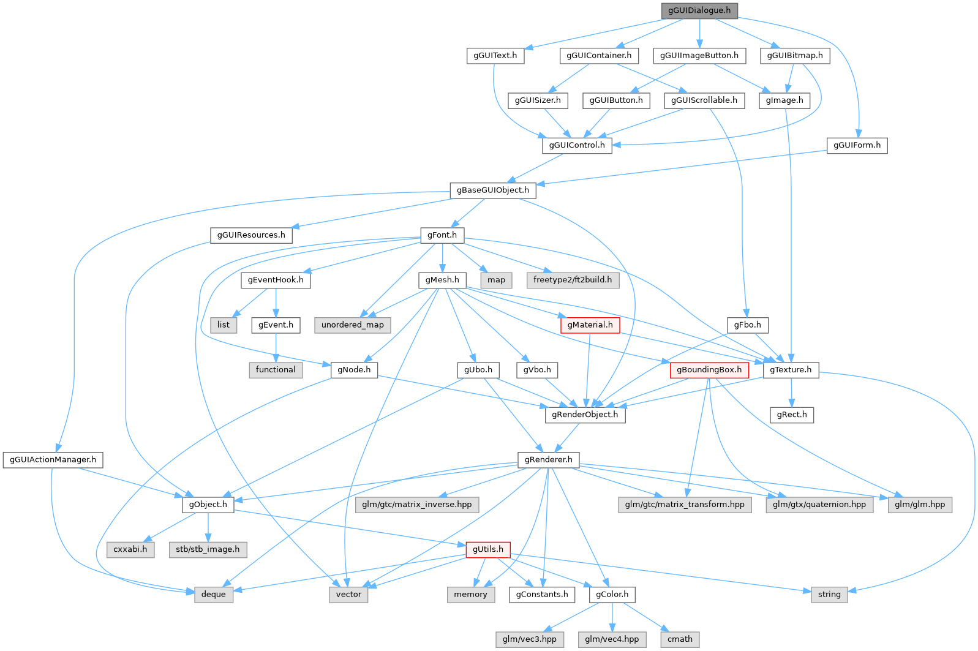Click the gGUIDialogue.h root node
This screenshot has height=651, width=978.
click(699, 10)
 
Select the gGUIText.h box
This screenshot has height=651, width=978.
click(495, 55)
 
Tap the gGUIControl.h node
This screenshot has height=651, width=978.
click(576, 145)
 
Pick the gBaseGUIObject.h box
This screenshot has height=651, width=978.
click(492, 190)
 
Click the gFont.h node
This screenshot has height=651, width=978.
click(442, 235)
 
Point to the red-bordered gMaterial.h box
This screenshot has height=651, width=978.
click(589, 325)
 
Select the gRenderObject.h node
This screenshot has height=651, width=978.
click(585, 415)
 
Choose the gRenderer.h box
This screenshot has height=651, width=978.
click(548, 459)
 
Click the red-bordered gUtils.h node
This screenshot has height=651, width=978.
click(487, 549)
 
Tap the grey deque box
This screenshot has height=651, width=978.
click(213, 594)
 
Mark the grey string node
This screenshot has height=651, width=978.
click(829, 594)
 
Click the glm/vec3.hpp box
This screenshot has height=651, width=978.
click(529, 639)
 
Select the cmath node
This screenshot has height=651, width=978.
click(680, 639)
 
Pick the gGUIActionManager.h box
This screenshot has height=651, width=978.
click(53, 459)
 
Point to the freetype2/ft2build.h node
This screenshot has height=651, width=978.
click(572, 280)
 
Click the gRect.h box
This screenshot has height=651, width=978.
click(792, 415)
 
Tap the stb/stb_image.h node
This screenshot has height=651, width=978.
click(208, 549)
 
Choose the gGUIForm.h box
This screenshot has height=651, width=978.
click(857, 145)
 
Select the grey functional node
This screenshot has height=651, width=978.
click(276, 370)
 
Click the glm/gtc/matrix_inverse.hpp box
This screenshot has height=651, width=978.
click(416, 505)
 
